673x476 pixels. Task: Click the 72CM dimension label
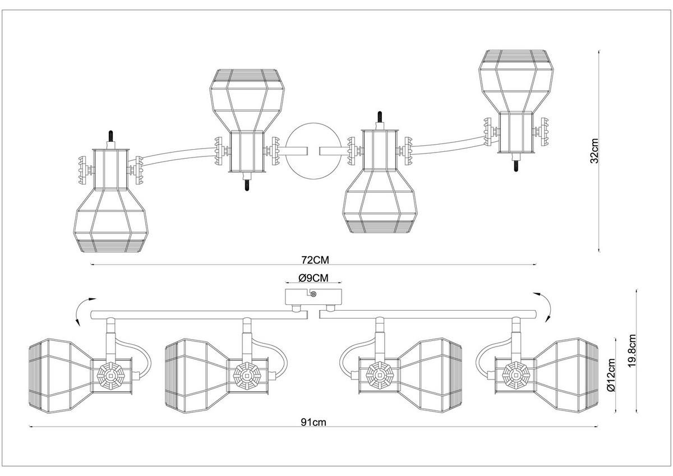(313, 260)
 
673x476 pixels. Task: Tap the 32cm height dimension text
(595, 151)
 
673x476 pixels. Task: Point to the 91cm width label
(313, 423)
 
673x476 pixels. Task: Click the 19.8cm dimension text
(632, 351)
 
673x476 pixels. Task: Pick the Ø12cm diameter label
(612, 377)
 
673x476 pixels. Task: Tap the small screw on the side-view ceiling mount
(314, 294)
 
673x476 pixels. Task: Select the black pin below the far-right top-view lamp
(515, 166)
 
